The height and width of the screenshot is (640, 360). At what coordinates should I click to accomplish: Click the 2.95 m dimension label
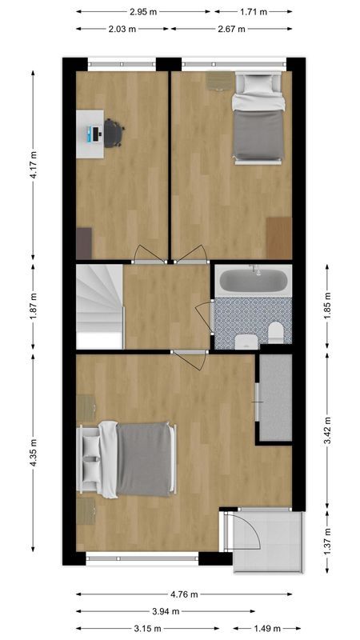pyautogui.click(x=143, y=12)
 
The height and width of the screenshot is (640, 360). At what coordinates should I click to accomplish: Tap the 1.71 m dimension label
pyautogui.click(x=254, y=12)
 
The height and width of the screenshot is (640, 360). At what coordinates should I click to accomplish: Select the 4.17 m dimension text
pyautogui.click(x=33, y=166)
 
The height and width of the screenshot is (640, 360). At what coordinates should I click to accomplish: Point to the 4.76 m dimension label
pyautogui.click(x=184, y=594)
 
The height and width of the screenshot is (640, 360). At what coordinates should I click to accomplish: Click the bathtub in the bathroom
pyautogui.click(x=253, y=282)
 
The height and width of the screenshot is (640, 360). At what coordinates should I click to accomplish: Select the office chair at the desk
pyautogui.click(x=114, y=133)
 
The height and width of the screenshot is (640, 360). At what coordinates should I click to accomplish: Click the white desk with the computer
pyautogui.click(x=90, y=132)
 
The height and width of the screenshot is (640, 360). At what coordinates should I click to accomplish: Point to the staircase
pyautogui.click(x=99, y=306)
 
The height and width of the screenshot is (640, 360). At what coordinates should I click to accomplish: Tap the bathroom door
pyautogui.click(x=205, y=318)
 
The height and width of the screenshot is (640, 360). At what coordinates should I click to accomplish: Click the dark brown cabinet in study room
pyautogui.click(x=84, y=242)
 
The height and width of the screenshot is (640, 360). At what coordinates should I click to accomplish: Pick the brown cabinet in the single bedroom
pyautogui.click(x=279, y=237)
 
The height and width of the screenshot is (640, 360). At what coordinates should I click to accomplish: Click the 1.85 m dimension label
pyautogui.click(x=328, y=306)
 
